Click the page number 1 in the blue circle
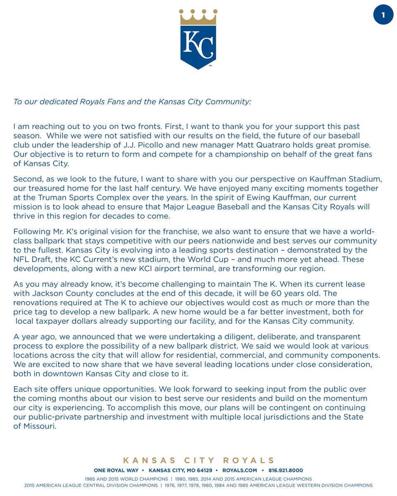[x=383, y=15]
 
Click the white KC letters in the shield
[x=198, y=43]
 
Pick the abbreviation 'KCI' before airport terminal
[x=160, y=268]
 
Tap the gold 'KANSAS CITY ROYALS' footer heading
[x=198, y=460]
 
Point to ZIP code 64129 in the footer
[x=203, y=470]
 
